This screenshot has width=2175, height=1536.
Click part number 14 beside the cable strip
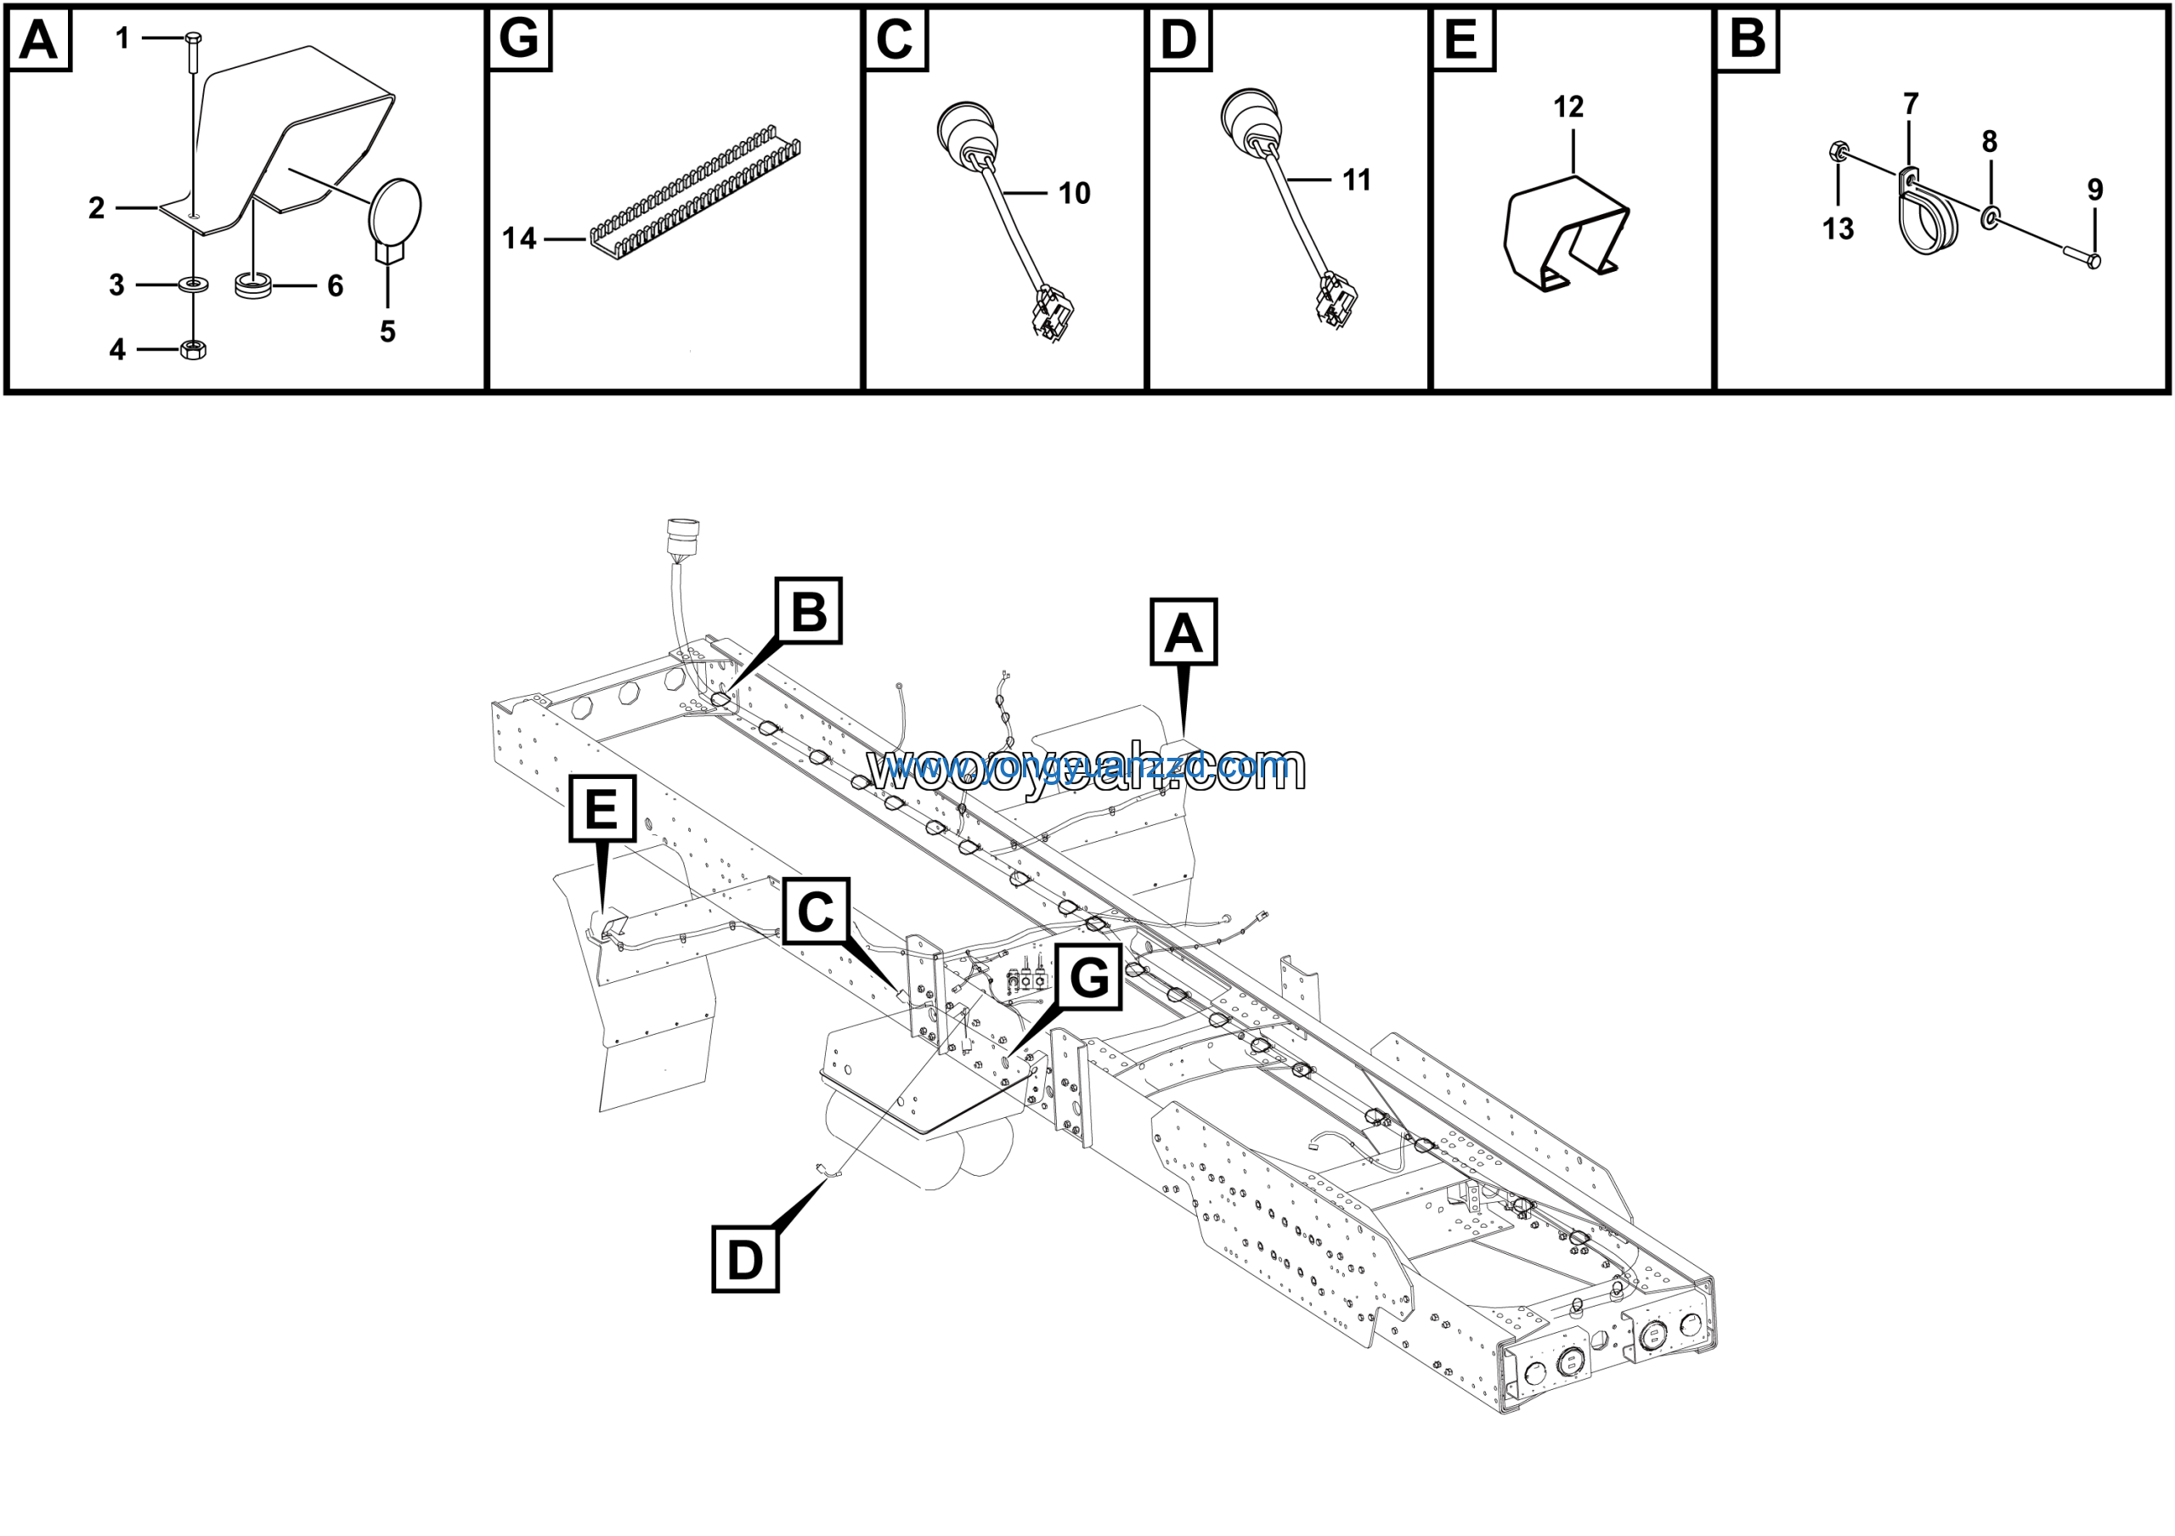coord(519,239)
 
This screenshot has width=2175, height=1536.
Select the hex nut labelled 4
coord(193,349)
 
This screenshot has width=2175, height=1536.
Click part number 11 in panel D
coord(1357,180)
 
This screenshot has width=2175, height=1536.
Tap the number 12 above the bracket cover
coord(1568,107)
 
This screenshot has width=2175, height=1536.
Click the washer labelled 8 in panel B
coord(1989,221)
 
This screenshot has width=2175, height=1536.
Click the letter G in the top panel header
coord(519,40)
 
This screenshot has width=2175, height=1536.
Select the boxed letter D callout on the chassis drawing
coord(744,1260)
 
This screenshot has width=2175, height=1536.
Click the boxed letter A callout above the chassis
coord(1184,631)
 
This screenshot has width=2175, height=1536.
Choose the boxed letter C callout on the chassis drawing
coord(816,911)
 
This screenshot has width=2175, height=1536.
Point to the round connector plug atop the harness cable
coord(682,536)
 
